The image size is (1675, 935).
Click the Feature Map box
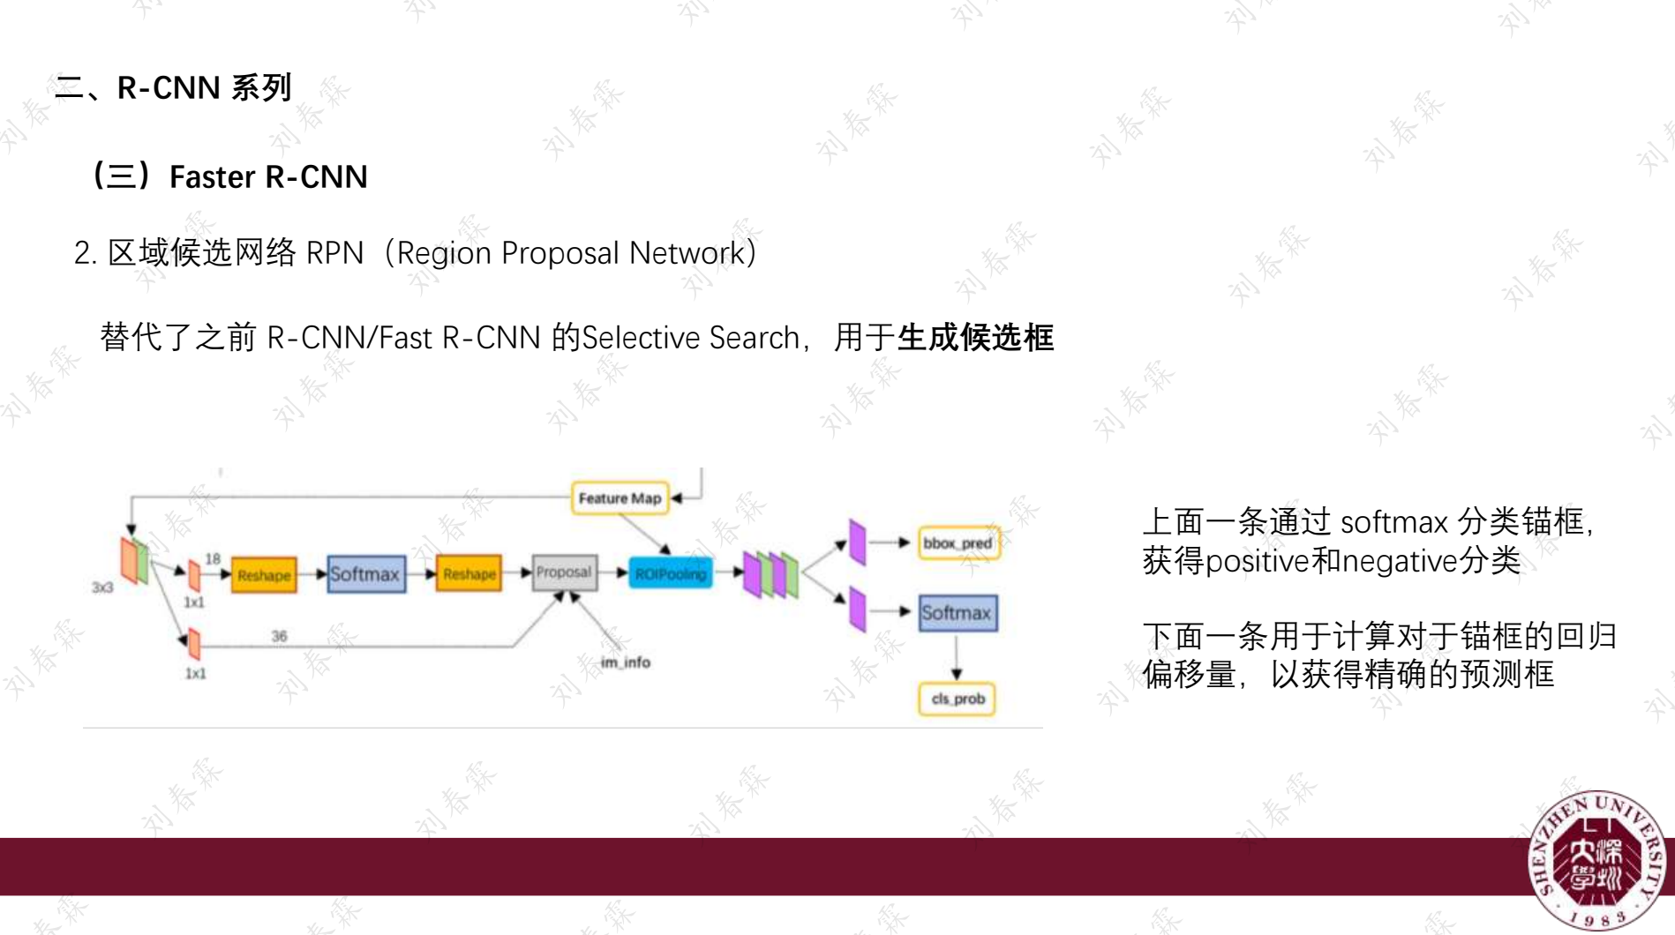pyautogui.click(x=620, y=498)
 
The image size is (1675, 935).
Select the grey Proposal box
pyautogui.click(x=564, y=573)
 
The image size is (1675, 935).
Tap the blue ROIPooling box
pyautogui.click(x=671, y=574)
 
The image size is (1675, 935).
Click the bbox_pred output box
pyautogui.click(x=958, y=543)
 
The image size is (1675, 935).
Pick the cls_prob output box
pyautogui.click(x=958, y=699)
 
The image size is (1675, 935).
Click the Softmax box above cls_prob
pyautogui.click(x=958, y=613)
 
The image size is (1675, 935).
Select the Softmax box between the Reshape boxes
pyautogui.click(x=365, y=574)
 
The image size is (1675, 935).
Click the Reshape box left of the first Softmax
pyautogui.click(x=264, y=575)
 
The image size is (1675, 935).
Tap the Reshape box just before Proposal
pyautogui.click(x=469, y=574)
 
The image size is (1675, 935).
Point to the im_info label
pyautogui.click(x=625, y=662)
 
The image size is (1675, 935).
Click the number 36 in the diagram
pyautogui.click(x=279, y=636)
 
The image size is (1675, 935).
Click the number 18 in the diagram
pyautogui.click(x=213, y=558)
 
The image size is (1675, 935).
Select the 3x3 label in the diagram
pyautogui.click(x=102, y=587)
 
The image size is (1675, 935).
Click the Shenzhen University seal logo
pyautogui.click(x=1597, y=860)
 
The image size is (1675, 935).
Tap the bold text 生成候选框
pyautogui.click(x=975, y=338)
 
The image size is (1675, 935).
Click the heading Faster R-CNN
pyautogui.click(x=268, y=177)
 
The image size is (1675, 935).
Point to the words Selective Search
pyautogui.click(x=690, y=338)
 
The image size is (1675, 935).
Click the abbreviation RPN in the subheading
pyautogui.click(x=334, y=254)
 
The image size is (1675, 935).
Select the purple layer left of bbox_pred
pyautogui.click(x=857, y=542)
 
